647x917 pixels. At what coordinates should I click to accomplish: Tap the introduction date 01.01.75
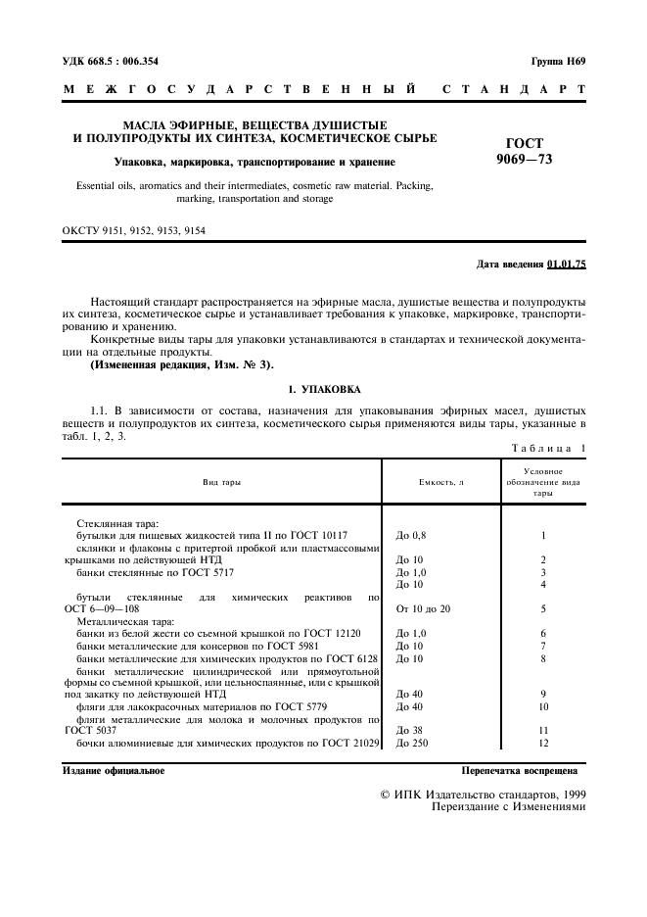pos(567,265)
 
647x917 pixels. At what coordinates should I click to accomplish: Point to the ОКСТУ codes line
pos(133,232)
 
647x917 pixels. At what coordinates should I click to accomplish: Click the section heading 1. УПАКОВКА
pos(323,388)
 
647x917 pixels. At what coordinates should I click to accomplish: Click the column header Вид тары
pos(221,482)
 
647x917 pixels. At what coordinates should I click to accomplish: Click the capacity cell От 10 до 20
pos(423,608)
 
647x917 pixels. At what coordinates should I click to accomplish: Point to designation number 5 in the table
pos(542,608)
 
